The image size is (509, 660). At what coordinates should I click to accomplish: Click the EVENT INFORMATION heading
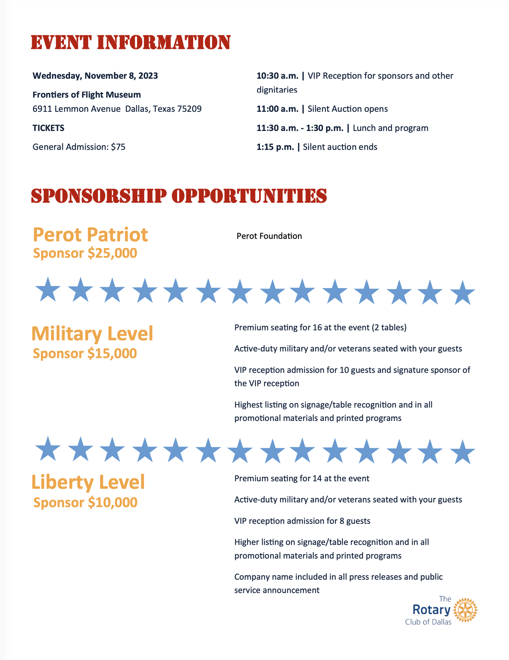[x=130, y=42]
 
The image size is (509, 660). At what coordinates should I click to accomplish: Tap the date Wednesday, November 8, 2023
[x=95, y=76]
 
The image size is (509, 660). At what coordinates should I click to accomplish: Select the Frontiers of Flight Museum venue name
[x=87, y=95]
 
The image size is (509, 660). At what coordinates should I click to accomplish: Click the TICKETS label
[x=48, y=128]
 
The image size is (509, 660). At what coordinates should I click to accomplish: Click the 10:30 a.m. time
[x=277, y=76]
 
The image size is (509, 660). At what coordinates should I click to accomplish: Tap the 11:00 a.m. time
[x=277, y=109]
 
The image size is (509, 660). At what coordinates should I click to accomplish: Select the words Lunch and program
[x=390, y=128]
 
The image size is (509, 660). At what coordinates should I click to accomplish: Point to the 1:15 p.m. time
[x=275, y=147]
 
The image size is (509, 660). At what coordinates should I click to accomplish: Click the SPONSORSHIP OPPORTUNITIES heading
[x=179, y=196]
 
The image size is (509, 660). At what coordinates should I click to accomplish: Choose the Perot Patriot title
[x=90, y=235]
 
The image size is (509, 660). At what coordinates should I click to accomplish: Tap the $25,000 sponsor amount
[x=112, y=253]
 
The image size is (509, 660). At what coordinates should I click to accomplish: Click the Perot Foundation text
[x=269, y=236]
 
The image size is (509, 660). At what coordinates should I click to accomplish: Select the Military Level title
[x=92, y=334]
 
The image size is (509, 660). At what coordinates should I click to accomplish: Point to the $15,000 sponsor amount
[x=112, y=354]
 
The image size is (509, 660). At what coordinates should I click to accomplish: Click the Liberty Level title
[x=88, y=482]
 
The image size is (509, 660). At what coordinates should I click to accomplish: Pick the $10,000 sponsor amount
[x=113, y=503]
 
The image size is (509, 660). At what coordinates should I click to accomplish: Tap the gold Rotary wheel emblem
[x=465, y=610]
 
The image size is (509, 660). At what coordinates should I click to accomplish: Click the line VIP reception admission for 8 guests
[x=302, y=521]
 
